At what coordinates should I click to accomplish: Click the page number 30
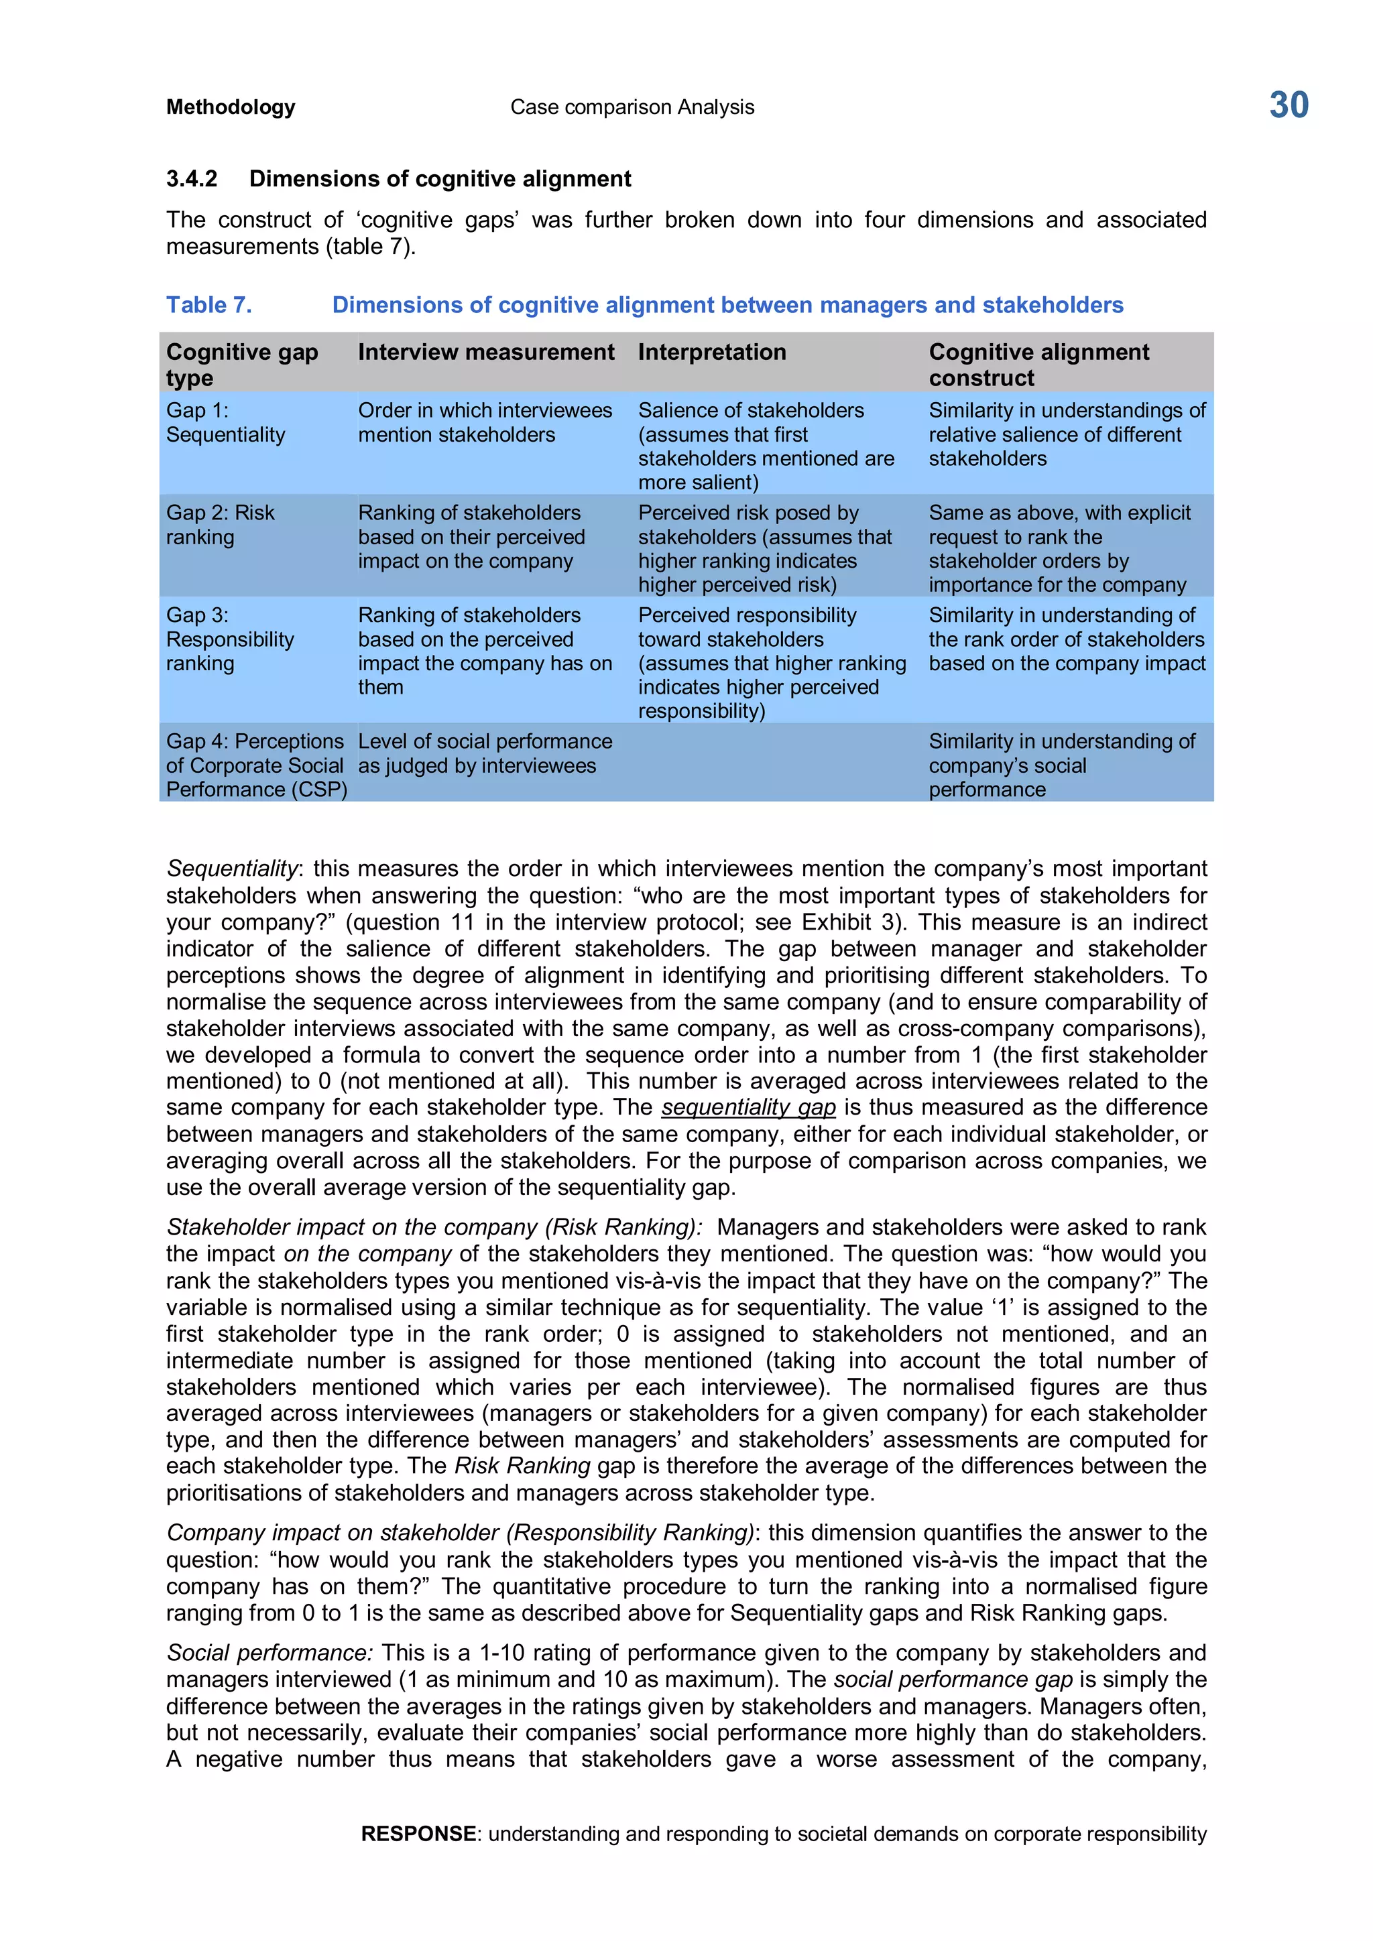[x=1288, y=106]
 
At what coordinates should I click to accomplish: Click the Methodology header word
[x=231, y=107]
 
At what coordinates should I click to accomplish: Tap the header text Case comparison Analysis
[x=632, y=107]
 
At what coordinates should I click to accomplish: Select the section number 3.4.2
[x=192, y=179]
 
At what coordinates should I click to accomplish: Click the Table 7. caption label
[x=208, y=305]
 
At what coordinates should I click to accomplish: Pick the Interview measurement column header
[x=486, y=353]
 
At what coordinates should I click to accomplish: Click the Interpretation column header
[x=712, y=353]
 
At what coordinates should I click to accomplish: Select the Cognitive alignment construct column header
[x=1038, y=365]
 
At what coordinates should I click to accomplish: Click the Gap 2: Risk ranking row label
[x=220, y=525]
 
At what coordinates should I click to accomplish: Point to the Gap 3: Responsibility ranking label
[x=229, y=639]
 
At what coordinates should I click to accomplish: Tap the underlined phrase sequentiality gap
[x=748, y=1107]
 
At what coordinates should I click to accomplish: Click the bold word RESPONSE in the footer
[x=418, y=1834]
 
